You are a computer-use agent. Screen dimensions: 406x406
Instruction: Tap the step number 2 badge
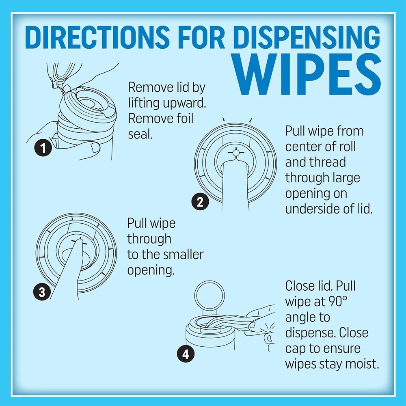199,202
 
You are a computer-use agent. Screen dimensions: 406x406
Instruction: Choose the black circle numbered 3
42,291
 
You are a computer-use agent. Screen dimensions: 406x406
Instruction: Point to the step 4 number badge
185,354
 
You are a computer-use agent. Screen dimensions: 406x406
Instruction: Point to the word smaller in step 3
182,255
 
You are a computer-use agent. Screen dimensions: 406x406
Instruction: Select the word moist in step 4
358,364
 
